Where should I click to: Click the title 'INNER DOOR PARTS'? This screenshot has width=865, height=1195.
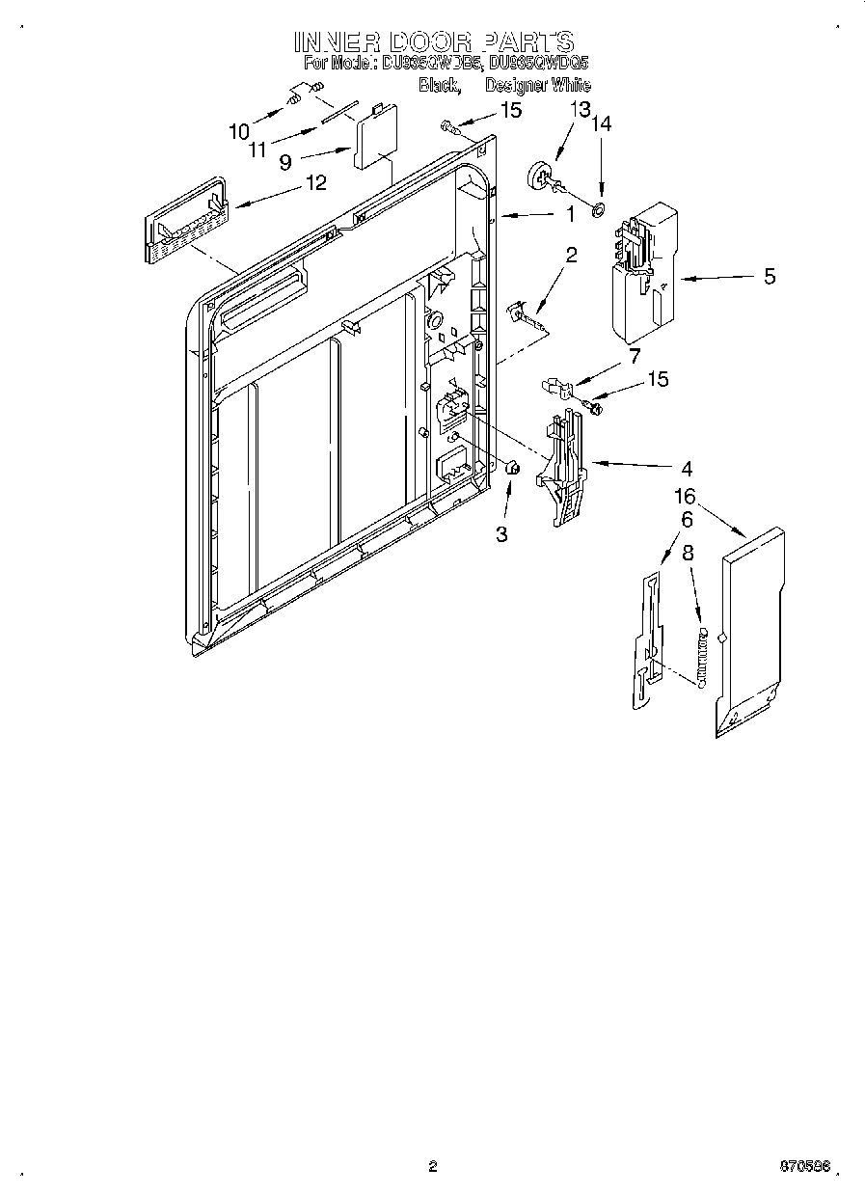434,41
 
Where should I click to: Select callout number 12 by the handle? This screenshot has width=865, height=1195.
315,181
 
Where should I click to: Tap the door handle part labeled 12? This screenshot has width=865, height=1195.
186,221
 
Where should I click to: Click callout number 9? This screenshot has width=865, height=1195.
285,163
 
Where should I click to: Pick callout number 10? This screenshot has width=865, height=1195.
238,131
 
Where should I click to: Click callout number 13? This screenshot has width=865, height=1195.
578,109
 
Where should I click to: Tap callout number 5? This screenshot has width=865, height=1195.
769,277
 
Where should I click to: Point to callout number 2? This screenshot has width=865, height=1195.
571,255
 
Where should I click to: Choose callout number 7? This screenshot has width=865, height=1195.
634,356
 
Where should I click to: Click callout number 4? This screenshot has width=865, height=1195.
686,470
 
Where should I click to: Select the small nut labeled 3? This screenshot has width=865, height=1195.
513,469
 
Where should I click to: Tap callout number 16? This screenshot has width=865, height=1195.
685,497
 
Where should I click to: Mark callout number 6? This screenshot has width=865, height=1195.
686,519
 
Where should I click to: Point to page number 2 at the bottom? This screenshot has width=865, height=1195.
433,1166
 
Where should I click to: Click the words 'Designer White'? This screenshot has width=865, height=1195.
537,85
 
